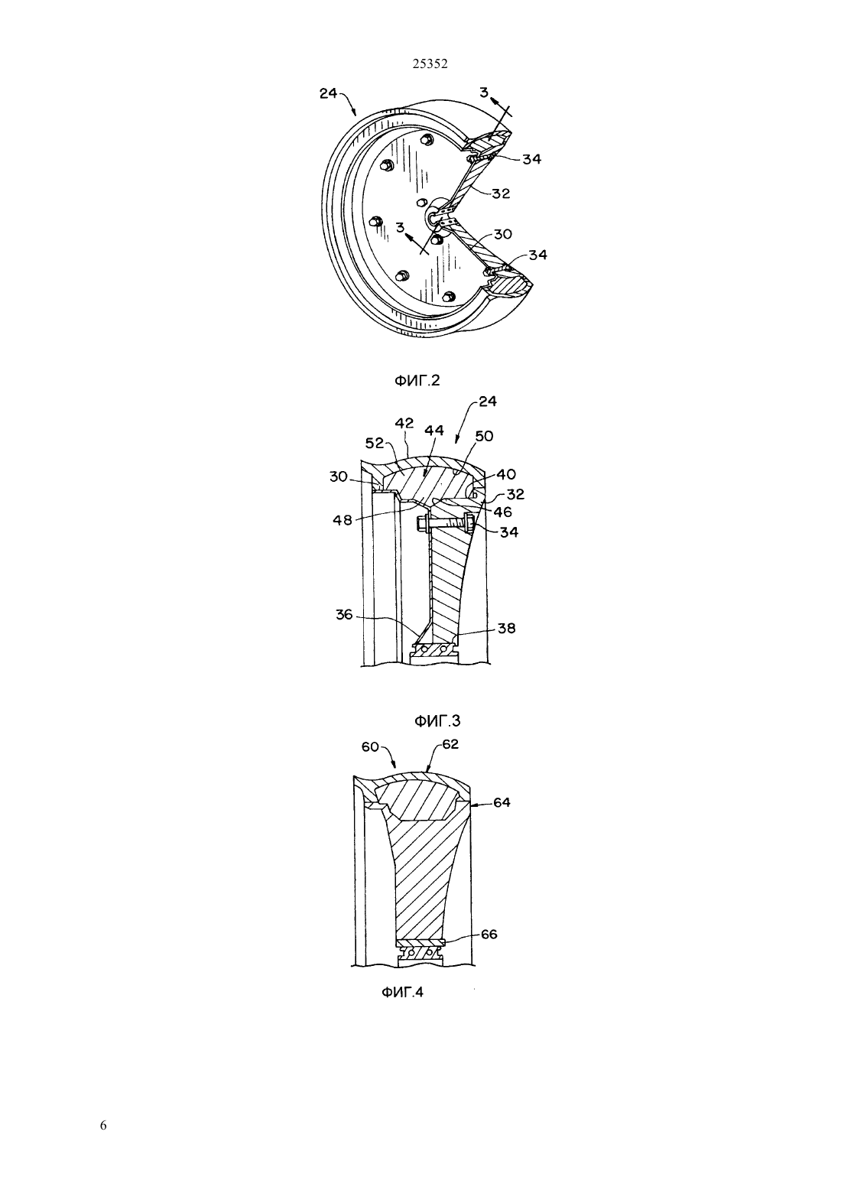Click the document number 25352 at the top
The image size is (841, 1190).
click(430, 63)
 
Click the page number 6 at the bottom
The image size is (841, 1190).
click(103, 1125)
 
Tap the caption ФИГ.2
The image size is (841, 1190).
click(417, 380)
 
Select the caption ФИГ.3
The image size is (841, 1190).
click(437, 721)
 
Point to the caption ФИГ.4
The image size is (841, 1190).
click(402, 992)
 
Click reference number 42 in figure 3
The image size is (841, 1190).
click(404, 424)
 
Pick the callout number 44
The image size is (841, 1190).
click(433, 430)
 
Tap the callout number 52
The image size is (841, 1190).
click(375, 443)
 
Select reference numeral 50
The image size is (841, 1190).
click(484, 436)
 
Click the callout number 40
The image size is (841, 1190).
click(506, 474)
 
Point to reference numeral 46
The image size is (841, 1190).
click(503, 512)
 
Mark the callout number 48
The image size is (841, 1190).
click(343, 520)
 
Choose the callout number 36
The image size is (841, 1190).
click(344, 615)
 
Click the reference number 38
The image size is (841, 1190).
click(506, 628)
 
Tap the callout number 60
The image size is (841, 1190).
click(370, 747)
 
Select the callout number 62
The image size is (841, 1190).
click(450, 745)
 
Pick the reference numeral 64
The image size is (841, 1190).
click(502, 802)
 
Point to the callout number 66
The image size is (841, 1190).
click(489, 934)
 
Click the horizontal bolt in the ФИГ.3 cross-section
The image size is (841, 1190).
click(446, 525)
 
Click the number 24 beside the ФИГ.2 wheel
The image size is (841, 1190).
click(329, 93)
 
